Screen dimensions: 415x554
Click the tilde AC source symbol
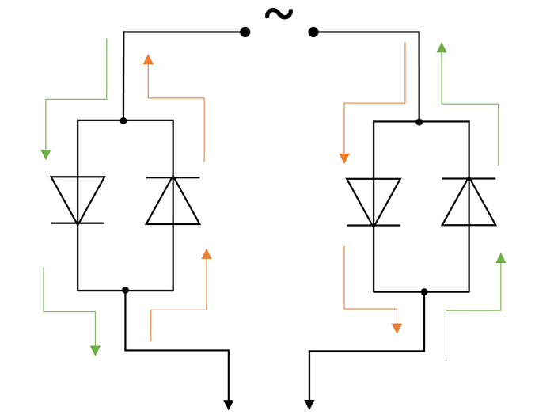[x=278, y=13]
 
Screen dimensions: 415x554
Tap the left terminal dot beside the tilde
[x=245, y=32]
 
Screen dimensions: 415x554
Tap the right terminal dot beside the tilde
[x=313, y=32]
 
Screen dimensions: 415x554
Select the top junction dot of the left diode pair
[x=123, y=120]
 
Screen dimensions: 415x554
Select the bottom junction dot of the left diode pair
[x=125, y=291]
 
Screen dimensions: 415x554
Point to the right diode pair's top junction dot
[x=419, y=122]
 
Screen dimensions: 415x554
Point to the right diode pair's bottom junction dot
[x=424, y=292]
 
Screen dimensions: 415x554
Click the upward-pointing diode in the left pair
[x=173, y=200]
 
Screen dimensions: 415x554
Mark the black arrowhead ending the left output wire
[x=229, y=405]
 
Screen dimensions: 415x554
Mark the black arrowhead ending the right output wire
[x=309, y=405]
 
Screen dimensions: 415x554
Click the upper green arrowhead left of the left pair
[x=46, y=154]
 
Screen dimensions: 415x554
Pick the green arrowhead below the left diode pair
[x=95, y=350]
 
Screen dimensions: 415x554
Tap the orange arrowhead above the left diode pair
[x=148, y=59]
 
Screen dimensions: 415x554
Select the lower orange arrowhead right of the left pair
[x=207, y=254]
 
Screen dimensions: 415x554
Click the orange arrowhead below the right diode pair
[x=397, y=328]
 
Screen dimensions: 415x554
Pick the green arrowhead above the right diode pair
[x=442, y=48]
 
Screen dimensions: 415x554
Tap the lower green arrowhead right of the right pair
[x=500, y=258]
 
